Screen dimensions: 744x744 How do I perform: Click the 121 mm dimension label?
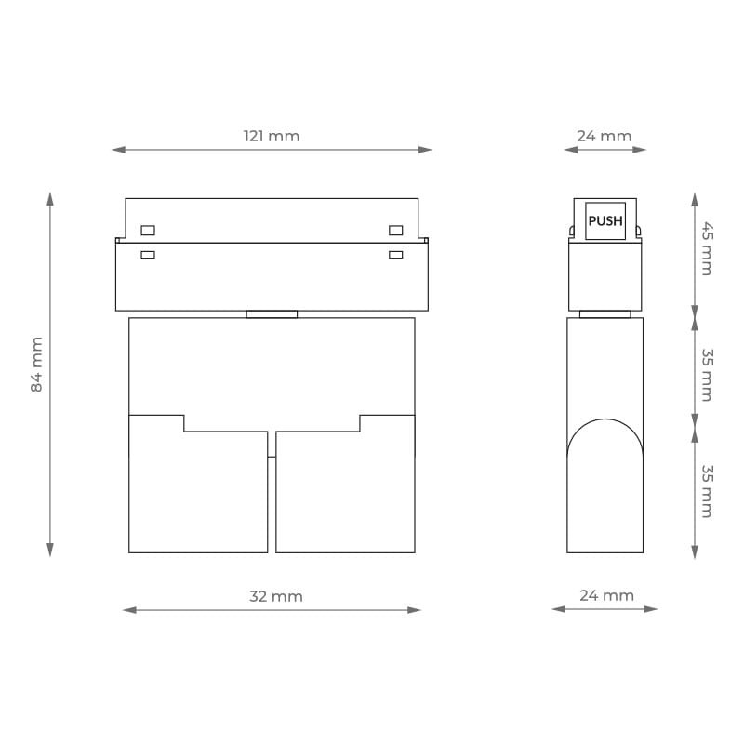pyautogui.click(x=272, y=136)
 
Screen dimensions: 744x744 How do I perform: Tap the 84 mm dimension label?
pyautogui.click(x=36, y=365)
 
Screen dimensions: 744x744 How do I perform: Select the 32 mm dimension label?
pyautogui.click(x=276, y=596)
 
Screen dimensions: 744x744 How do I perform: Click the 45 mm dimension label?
pyautogui.click(x=707, y=248)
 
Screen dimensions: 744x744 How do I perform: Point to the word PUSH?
pyautogui.click(x=605, y=221)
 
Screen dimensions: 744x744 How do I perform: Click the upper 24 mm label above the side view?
pyautogui.click(x=604, y=136)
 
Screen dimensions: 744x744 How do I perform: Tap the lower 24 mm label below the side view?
pyautogui.click(x=607, y=595)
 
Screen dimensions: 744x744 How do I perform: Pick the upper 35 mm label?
pyautogui.click(x=707, y=375)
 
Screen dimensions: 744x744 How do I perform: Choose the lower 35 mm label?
pyautogui.click(x=707, y=491)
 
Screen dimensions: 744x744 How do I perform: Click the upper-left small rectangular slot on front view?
pyautogui.click(x=148, y=231)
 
